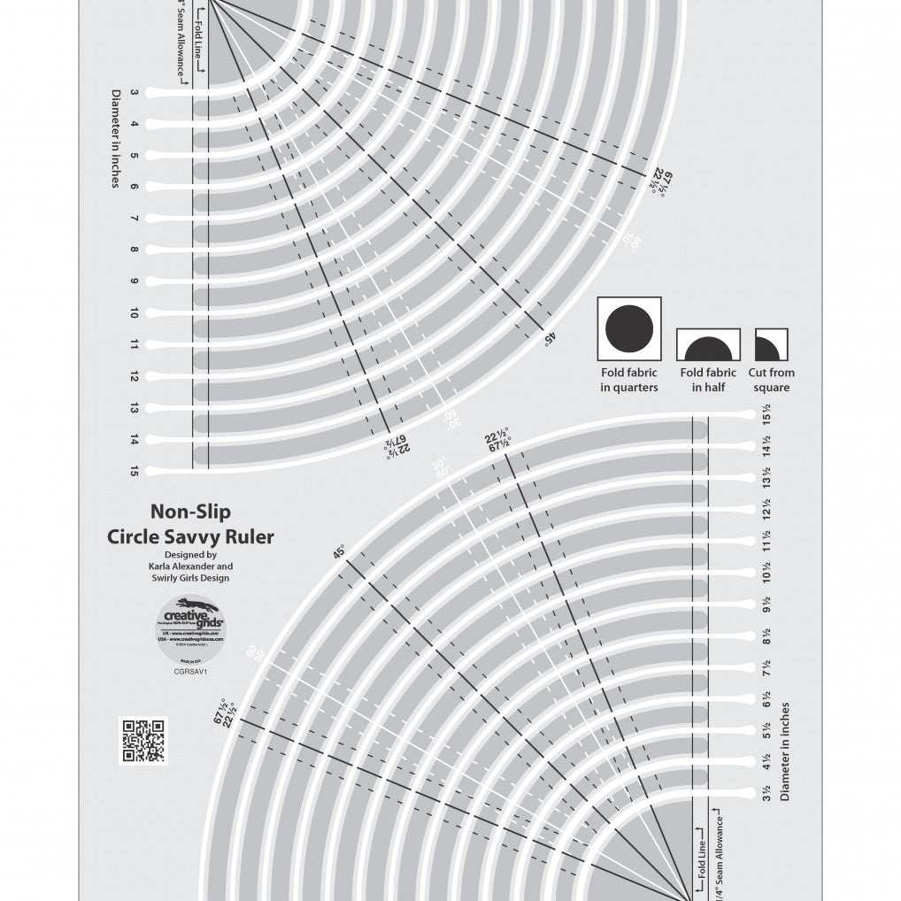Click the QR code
coord(142,740)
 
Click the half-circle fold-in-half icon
coord(707,343)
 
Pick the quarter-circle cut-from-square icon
coord(771,343)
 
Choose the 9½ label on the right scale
coord(766,605)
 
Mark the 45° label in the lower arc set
coord(338,553)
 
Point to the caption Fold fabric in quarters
coord(629,380)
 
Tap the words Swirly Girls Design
coord(190,578)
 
